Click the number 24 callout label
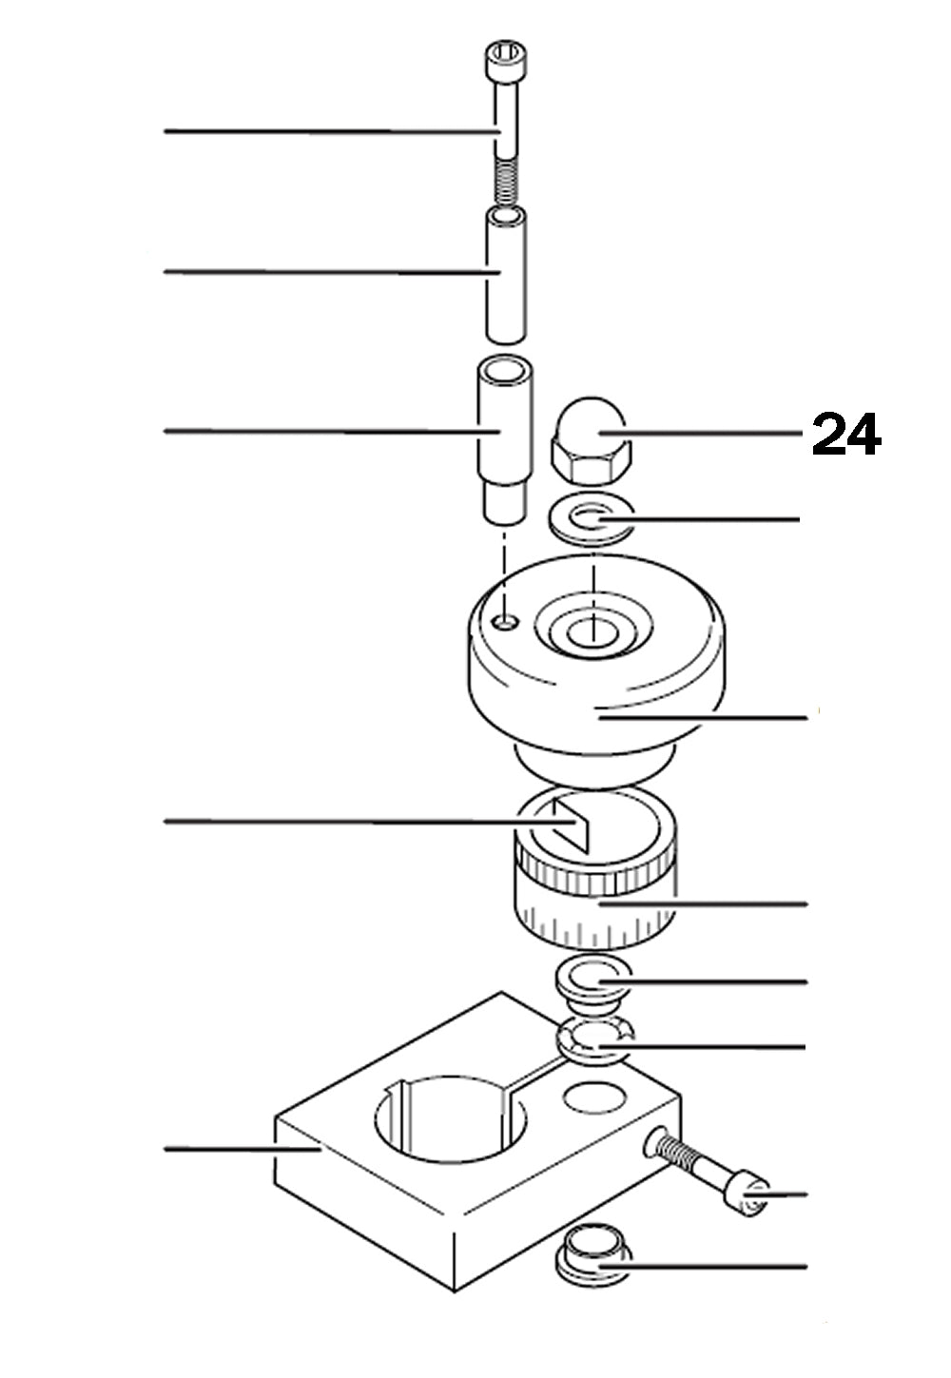845,436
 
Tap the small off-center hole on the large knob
507,621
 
